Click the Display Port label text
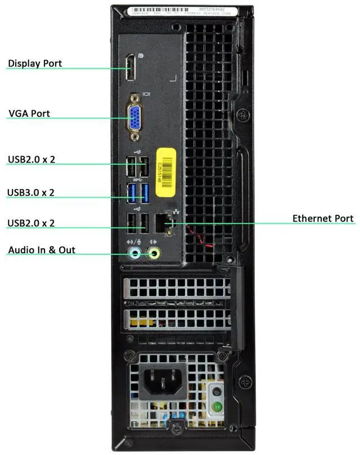[x=35, y=64]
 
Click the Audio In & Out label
[x=42, y=250]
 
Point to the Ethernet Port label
[x=323, y=218]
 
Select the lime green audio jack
[x=154, y=253]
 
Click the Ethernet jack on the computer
[x=163, y=221]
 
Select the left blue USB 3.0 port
[x=132, y=192]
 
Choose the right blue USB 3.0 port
[x=144, y=192]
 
